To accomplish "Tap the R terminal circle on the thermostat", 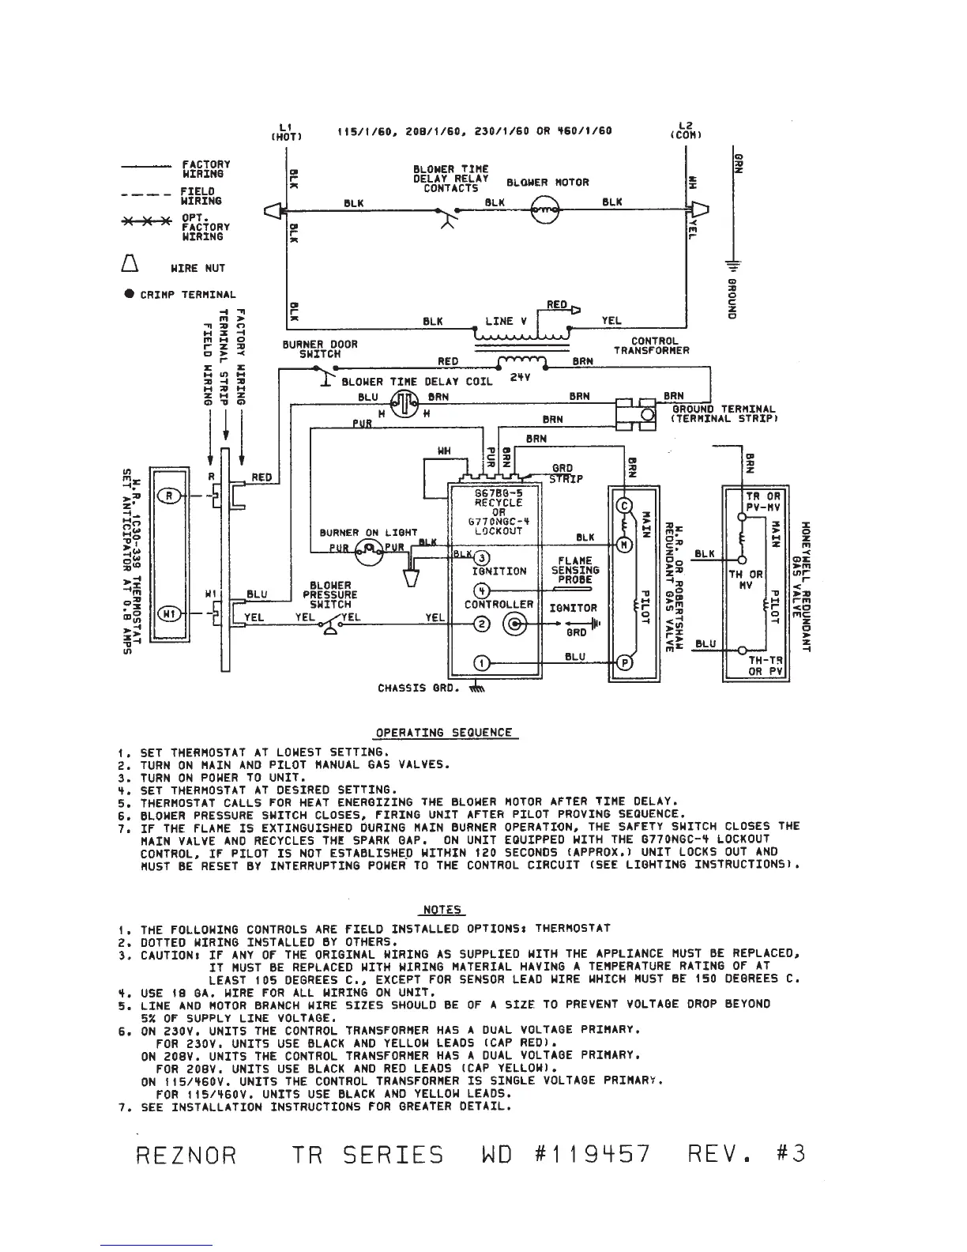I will (x=169, y=496).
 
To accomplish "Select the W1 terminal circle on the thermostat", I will (x=169, y=613).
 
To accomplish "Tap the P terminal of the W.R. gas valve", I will (x=623, y=662).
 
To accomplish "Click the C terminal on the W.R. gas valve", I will (x=623, y=506).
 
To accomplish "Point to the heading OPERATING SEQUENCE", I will (x=443, y=732).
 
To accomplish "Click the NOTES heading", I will (x=443, y=910).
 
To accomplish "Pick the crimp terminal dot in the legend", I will (x=128, y=294).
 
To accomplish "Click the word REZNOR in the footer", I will (x=186, y=1155).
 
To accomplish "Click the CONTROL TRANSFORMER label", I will (x=652, y=346).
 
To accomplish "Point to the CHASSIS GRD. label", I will (x=418, y=688).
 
